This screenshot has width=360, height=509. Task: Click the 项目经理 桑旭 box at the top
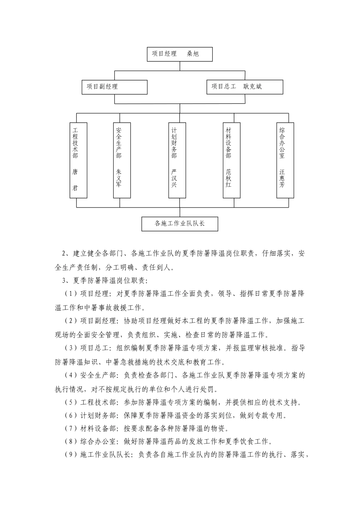tap(180, 54)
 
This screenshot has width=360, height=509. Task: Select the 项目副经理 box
tap(114, 87)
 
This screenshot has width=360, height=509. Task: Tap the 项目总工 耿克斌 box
tap(245, 87)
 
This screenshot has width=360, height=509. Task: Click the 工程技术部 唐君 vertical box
tap(78, 160)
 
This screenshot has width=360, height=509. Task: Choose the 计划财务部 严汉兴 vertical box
tap(177, 160)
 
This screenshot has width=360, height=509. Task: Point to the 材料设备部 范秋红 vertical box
tap(231, 160)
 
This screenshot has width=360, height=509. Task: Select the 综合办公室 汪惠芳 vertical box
tap(285, 160)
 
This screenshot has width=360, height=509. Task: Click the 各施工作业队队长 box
tap(180, 223)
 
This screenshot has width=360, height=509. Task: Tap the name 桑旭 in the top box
tap(193, 54)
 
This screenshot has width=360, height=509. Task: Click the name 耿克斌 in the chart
tap(253, 87)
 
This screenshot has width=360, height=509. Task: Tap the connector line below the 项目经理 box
tap(180, 66)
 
